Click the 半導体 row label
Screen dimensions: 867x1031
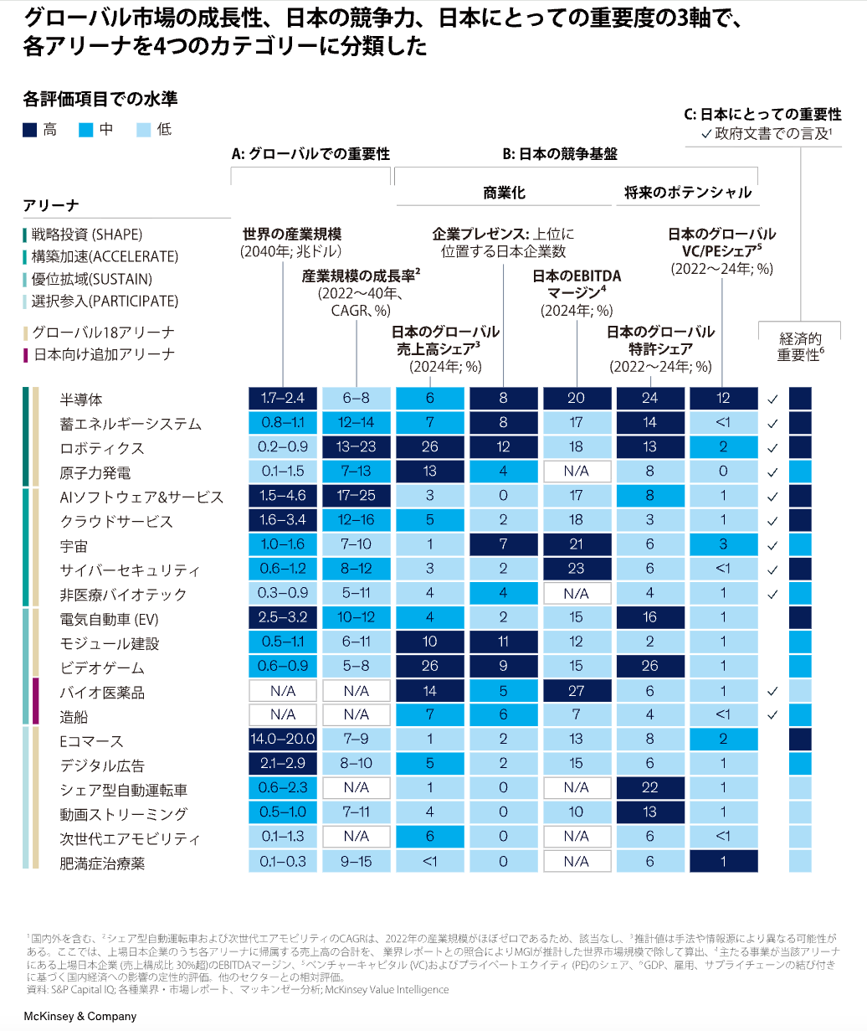tap(81, 399)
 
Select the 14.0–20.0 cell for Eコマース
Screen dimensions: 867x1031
tap(283, 739)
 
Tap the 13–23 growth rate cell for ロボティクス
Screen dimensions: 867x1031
tap(357, 447)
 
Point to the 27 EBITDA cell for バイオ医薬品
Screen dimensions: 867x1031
tap(577, 690)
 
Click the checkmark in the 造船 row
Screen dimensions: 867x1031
tap(772, 714)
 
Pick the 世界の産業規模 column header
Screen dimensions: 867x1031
tap(291, 242)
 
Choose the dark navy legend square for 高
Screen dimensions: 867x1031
tap(29, 130)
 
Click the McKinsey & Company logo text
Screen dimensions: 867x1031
tap(80, 1016)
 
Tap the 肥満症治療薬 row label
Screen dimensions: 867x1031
tap(102, 863)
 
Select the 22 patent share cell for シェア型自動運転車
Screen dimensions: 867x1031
tap(650, 787)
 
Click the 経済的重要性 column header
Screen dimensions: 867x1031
tap(800, 347)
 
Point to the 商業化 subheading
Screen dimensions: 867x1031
tap(505, 193)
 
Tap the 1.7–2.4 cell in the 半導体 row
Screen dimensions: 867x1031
tap(283, 398)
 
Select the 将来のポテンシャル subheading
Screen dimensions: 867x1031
tap(688, 193)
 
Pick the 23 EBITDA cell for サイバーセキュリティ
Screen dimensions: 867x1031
tap(577, 569)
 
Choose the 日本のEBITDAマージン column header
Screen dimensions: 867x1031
tap(577, 293)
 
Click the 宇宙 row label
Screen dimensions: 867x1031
tap(74, 545)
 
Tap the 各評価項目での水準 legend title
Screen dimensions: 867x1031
tap(100, 100)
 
